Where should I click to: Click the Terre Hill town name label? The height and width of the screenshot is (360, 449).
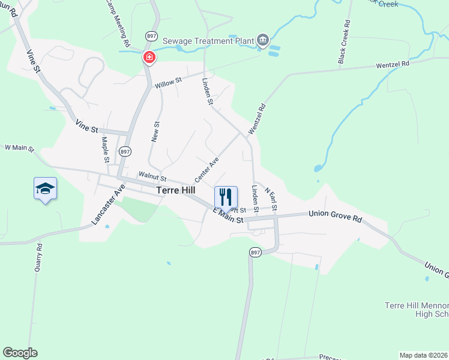pyautogui.click(x=175, y=190)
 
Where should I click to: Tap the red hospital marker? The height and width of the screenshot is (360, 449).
pyautogui.click(x=148, y=58)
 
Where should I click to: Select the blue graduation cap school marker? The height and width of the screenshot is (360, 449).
pyautogui.click(x=46, y=189)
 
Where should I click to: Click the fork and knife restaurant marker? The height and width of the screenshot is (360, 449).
pyautogui.click(x=226, y=196)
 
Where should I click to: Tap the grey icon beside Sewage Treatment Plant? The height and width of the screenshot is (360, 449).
pyautogui.click(x=262, y=40)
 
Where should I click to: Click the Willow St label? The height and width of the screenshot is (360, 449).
pyautogui.click(x=168, y=83)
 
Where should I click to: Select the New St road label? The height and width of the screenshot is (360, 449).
pyautogui.click(x=155, y=132)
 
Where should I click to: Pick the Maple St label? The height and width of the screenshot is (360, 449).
pyautogui.click(x=104, y=149)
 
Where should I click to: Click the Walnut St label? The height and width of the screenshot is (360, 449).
pyautogui.click(x=152, y=176)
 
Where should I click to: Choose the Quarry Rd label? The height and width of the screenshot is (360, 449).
pyautogui.click(x=38, y=259)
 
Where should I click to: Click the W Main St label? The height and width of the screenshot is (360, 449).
pyautogui.click(x=20, y=147)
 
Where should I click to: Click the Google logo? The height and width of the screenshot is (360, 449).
pyautogui.click(x=20, y=353)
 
